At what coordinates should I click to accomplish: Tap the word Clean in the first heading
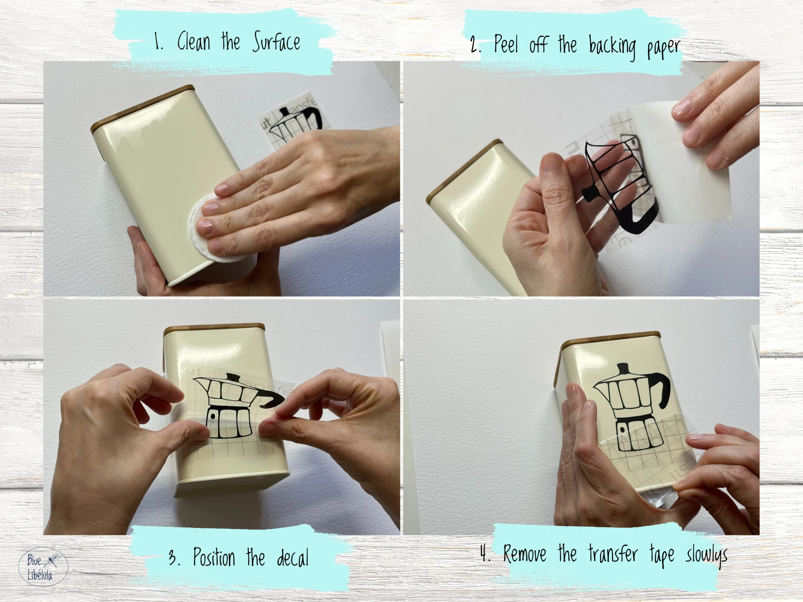(194, 41)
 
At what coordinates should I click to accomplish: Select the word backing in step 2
(612, 47)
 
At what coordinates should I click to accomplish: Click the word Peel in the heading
(506, 44)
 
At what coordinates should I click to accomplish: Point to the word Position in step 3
(214, 557)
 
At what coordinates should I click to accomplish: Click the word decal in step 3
(293, 558)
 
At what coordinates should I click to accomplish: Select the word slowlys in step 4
(706, 555)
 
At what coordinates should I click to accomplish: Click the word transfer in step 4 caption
(613, 554)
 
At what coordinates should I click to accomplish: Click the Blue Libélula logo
(43, 567)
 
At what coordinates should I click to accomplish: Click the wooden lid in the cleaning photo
(142, 106)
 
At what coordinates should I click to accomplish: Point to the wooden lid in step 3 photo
(214, 328)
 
